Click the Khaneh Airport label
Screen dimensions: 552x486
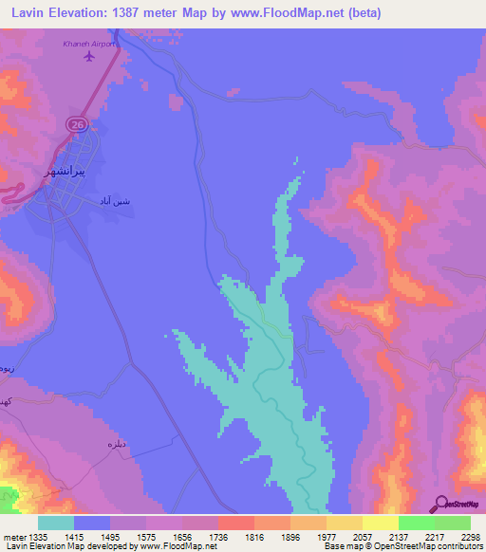pyautogui.click(x=89, y=43)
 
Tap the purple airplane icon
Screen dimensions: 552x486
pyautogui.click(x=89, y=56)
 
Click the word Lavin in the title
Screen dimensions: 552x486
pyautogui.click(x=25, y=12)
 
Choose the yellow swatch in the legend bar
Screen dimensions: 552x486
pyautogui.click(x=380, y=523)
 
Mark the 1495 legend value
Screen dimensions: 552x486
pyautogui.click(x=125, y=536)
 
